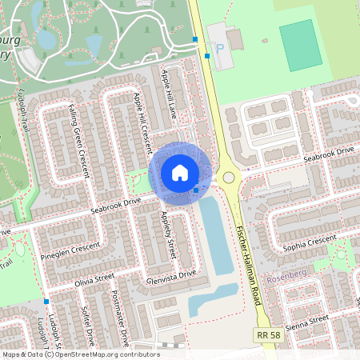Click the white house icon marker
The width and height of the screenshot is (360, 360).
point(180,173)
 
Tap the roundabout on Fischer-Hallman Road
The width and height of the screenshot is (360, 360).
point(229,178)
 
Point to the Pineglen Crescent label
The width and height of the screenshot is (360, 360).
point(70,249)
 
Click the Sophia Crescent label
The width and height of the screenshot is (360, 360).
point(310,239)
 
